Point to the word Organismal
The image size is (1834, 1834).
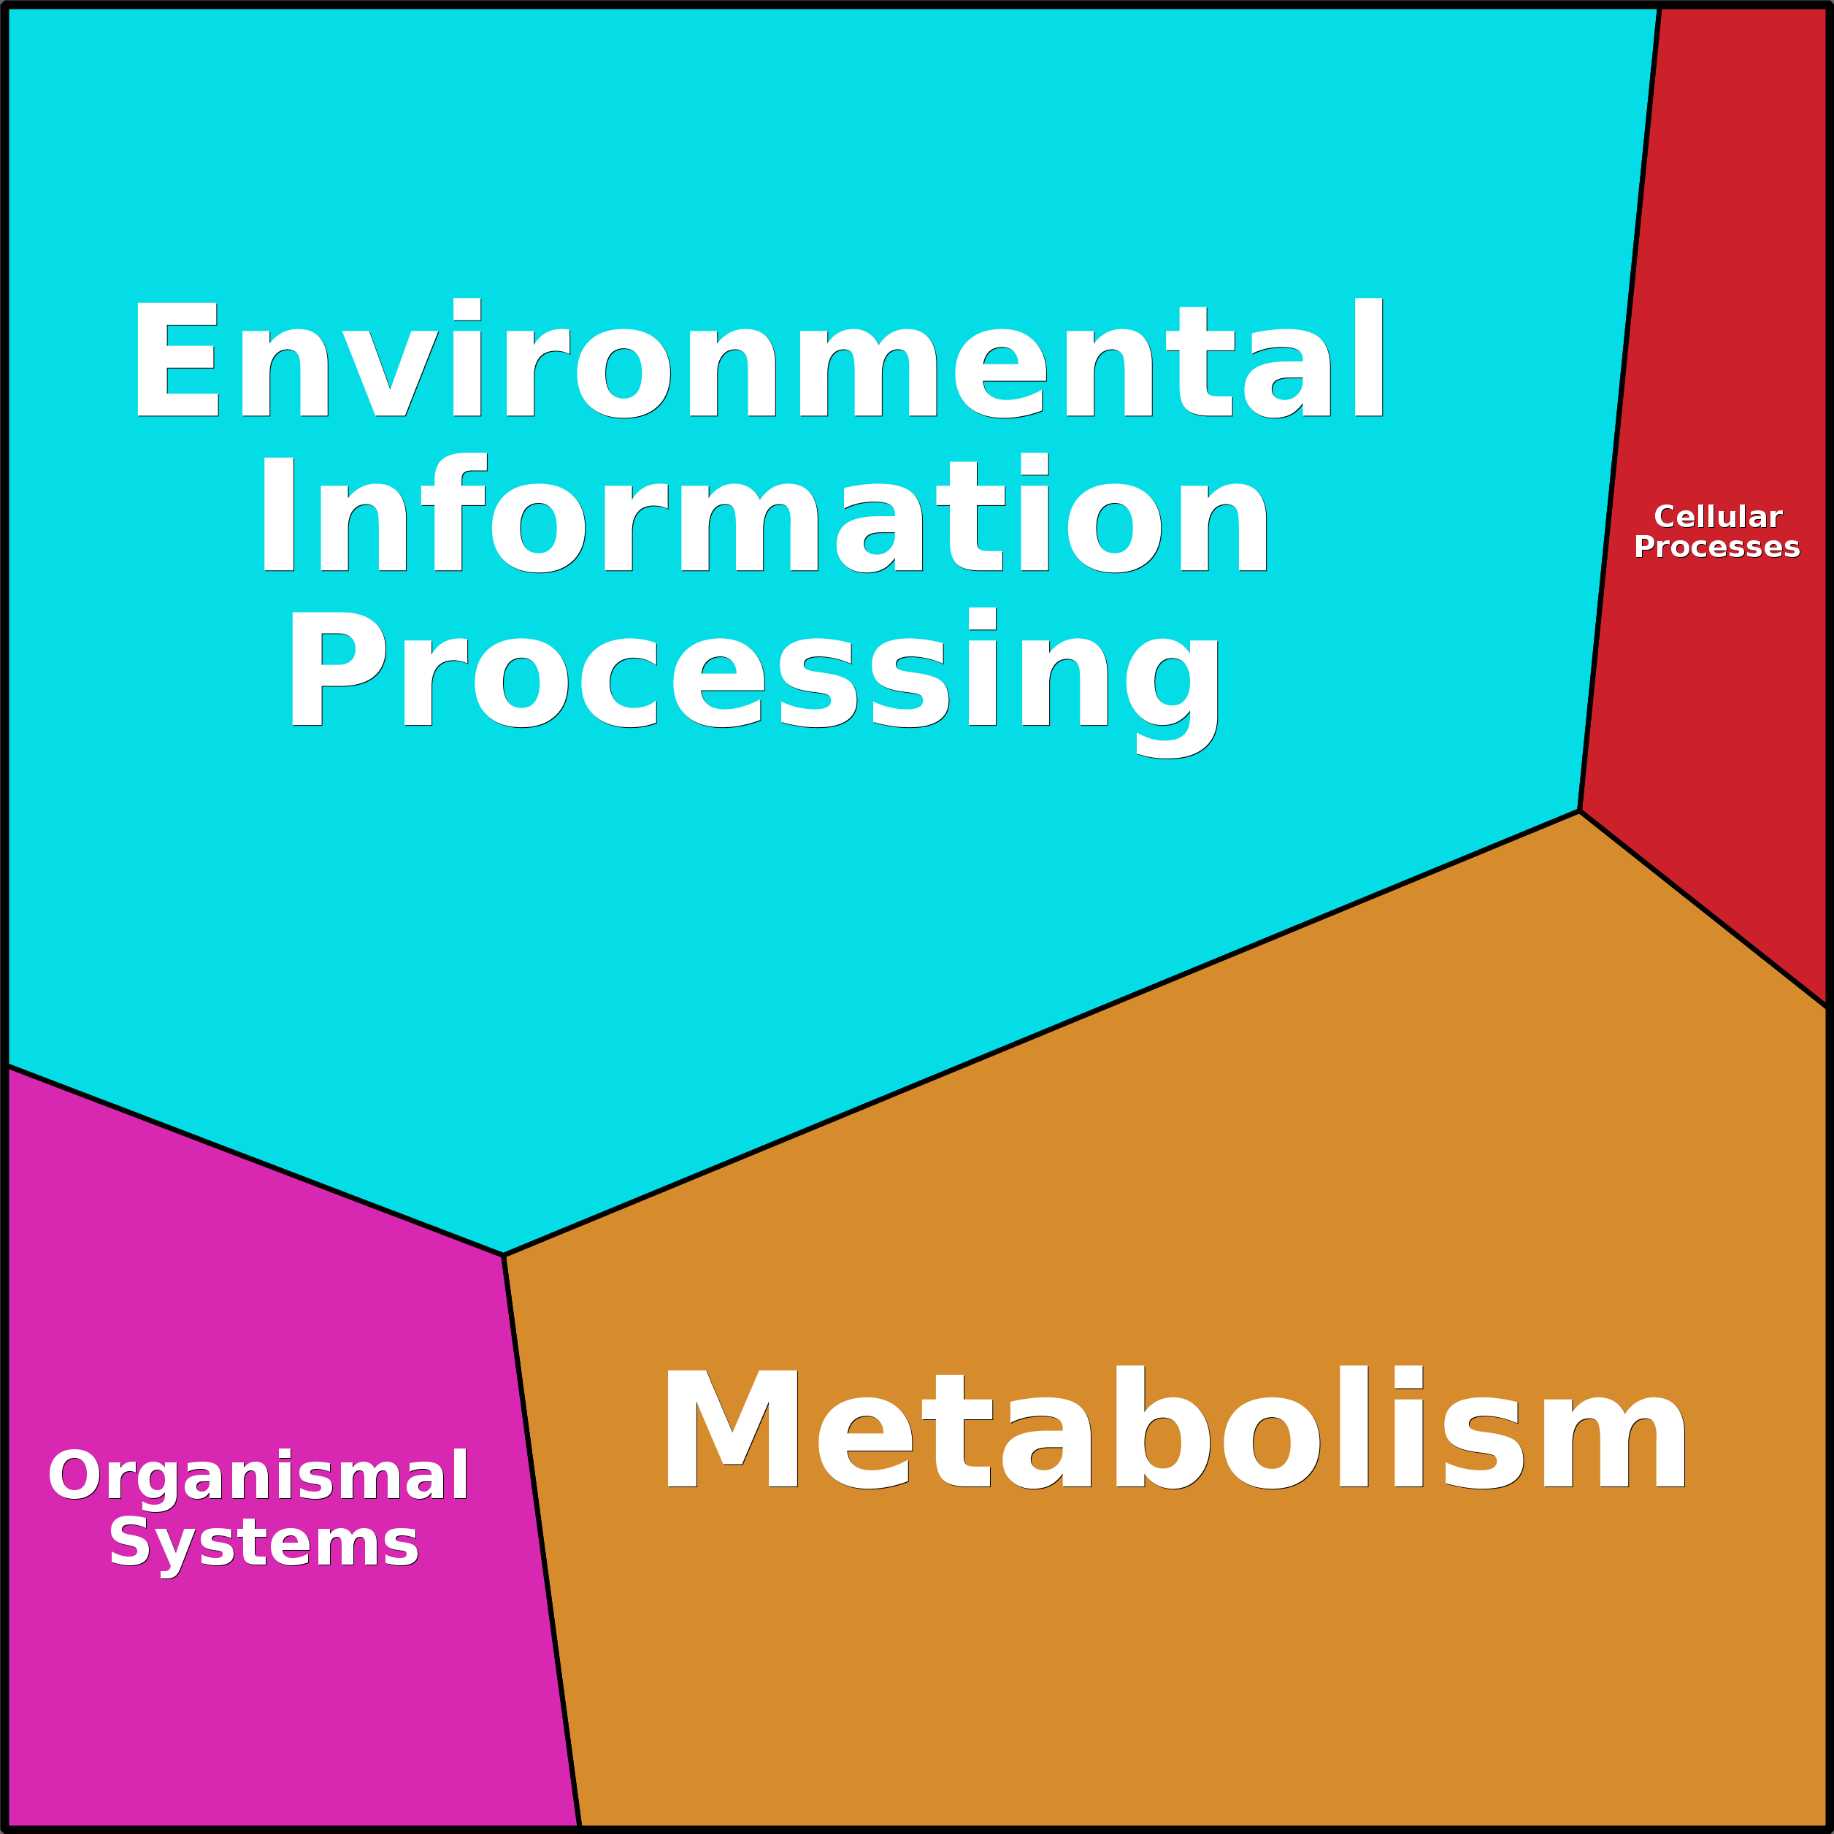[258, 1476]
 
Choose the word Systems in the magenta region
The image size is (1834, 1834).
[264, 1543]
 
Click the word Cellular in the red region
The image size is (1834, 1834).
[1717, 518]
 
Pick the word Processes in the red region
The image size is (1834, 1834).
[1716, 548]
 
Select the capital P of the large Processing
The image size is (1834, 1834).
[337, 670]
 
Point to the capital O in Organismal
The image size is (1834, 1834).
[74, 1476]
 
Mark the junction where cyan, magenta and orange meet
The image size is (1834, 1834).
[503, 1256]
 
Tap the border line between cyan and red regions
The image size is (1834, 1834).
[1619, 408]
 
